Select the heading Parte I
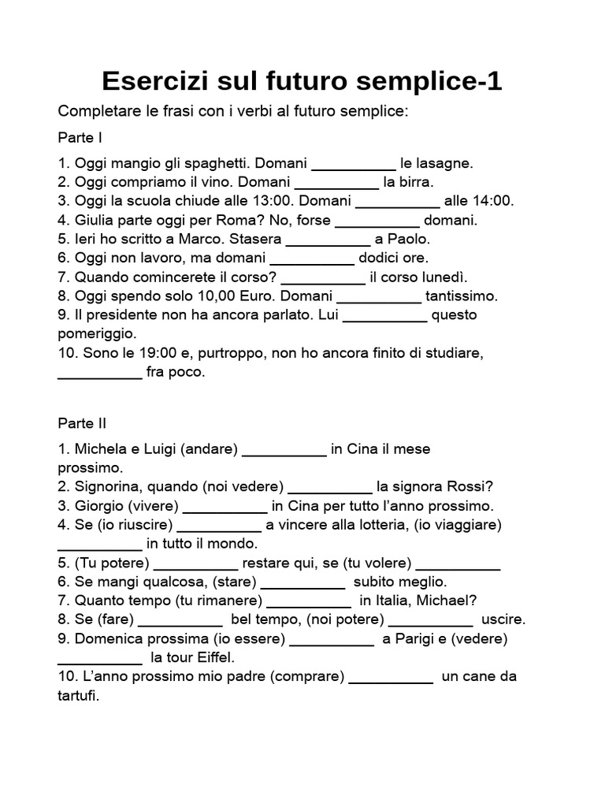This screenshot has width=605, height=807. [x=80, y=138]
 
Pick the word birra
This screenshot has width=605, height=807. [x=408, y=182]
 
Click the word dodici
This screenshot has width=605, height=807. [x=381, y=258]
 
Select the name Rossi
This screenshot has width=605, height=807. [x=474, y=486]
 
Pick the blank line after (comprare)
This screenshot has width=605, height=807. [x=390, y=678]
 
